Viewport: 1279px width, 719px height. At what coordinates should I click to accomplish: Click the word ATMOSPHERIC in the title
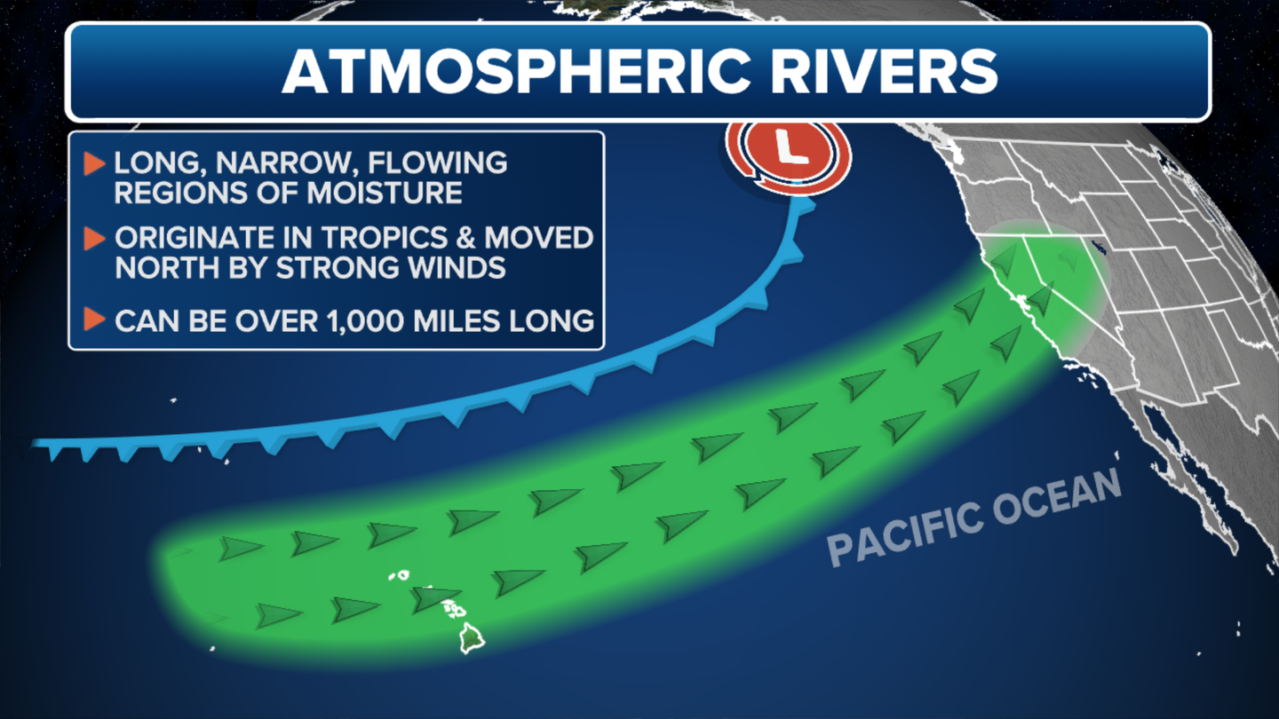coord(515,71)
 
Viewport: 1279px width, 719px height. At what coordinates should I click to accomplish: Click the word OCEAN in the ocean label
coord(1056,496)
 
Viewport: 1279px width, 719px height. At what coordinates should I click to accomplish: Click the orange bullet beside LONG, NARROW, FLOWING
coord(95,163)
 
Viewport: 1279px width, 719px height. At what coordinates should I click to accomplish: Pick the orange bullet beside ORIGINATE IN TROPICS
coord(95,239)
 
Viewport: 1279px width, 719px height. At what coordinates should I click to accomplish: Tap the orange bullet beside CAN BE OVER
coord(95,320)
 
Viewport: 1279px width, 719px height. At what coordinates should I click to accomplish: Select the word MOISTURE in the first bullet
coord(385,193)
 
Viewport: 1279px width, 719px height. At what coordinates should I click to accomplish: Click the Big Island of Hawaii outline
coord(473,638)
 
